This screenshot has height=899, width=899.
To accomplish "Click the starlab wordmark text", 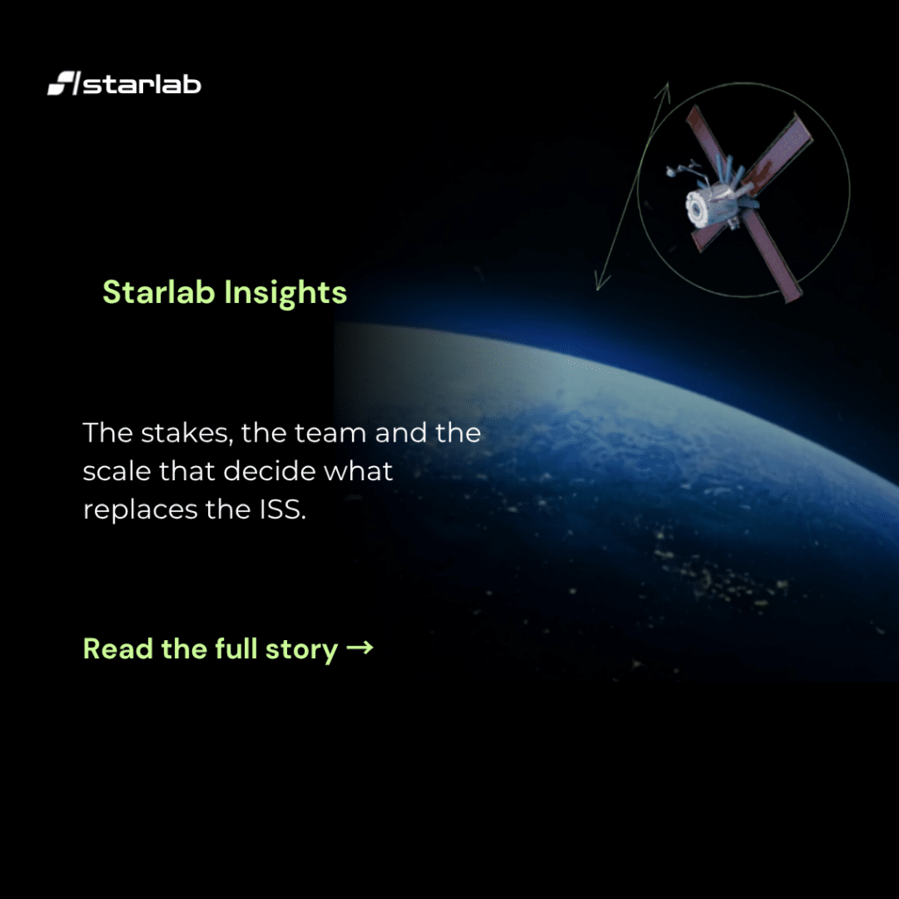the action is pos(142,83).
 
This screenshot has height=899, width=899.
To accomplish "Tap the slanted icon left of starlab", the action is pos(63,83).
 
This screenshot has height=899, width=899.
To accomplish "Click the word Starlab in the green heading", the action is pos(159,291).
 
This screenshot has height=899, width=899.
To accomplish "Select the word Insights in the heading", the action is pos(285,293).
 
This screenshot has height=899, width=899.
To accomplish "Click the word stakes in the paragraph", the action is pos(187,434).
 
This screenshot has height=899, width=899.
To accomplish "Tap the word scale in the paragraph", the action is pos(117,471).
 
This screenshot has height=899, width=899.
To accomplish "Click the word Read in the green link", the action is pos(119,649).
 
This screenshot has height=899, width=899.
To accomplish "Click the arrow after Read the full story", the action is pos(360,649).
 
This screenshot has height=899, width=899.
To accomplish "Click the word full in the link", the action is pos(236,649).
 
